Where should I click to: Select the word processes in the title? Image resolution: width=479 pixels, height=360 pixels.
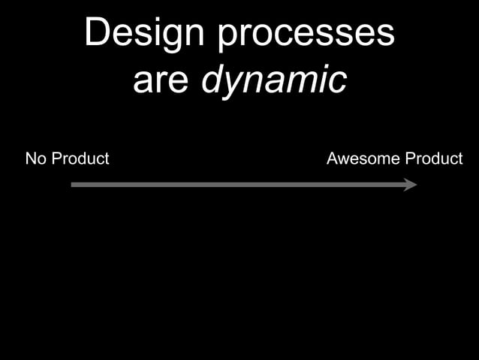(306, 35)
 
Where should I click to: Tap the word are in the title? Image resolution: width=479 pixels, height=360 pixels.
(161, 80)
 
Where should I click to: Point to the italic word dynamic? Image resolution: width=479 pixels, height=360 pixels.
(274, 80)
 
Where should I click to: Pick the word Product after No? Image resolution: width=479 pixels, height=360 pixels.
(80, 159)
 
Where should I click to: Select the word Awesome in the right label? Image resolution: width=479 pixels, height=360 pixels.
(363, 159)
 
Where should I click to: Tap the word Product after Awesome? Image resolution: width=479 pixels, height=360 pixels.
(434, 159)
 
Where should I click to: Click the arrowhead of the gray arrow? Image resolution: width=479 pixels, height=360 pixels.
(410, 184)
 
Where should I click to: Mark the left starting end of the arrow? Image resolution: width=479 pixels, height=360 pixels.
(73, 184)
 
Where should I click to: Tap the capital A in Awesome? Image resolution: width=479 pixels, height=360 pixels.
(333, 159)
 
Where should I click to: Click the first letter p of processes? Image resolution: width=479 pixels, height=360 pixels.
(228, 38)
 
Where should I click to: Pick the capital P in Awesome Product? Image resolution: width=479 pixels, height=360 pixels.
(410, 159)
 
